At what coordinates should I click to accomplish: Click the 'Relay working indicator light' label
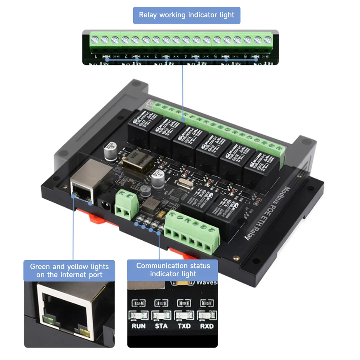[186, 15]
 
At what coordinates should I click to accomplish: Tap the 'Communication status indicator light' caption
[173, 270]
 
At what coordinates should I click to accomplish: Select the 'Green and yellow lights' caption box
[69, 271]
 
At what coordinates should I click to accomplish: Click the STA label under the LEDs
[161, 326]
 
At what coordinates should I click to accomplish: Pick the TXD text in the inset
[184, 326]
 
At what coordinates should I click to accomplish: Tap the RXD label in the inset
[207, 326]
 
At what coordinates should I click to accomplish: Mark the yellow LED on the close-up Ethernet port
[85, 331]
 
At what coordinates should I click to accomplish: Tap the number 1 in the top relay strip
[96, 57]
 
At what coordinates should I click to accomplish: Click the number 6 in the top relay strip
[245, 57]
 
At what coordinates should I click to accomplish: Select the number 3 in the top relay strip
[156, 57]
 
